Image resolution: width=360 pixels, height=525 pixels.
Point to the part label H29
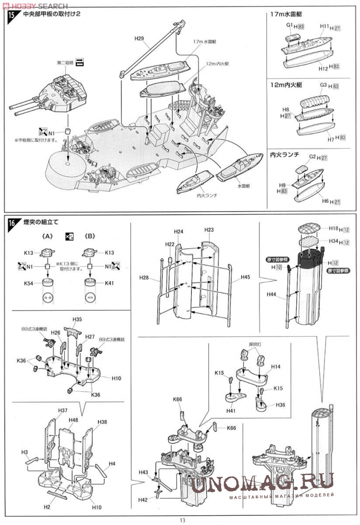139,38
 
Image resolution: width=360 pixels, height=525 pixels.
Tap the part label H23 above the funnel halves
209,230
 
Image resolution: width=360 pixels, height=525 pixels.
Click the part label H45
245,277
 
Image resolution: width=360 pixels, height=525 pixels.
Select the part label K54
28,284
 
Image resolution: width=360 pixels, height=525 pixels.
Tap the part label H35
77,319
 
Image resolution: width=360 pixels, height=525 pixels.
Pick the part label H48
73,420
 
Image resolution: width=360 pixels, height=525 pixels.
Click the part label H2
46,507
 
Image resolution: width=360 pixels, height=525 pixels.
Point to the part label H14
276,366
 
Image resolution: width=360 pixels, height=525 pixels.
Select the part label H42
142,499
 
